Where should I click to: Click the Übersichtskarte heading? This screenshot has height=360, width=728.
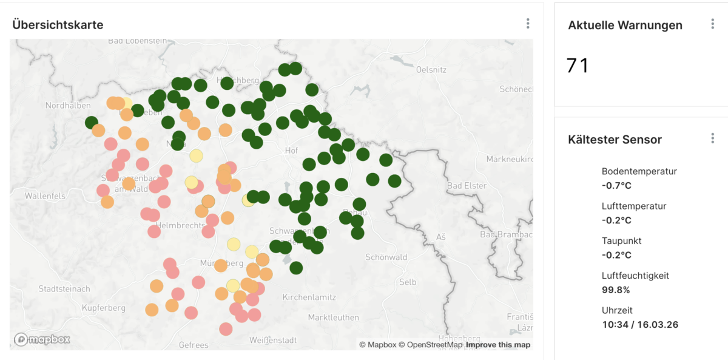click(58, 25)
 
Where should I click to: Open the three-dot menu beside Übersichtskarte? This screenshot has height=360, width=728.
click(528, 24)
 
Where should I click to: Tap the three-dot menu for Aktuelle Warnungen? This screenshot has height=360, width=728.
click(713, 24)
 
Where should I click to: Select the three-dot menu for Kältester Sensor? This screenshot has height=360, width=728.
click(713, 138)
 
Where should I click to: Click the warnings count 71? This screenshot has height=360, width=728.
click(578, 66)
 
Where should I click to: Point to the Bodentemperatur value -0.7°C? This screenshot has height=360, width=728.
click(616, 185)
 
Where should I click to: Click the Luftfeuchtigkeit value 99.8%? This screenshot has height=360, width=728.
click(616, 290)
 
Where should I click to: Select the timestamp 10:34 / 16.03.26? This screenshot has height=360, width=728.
click(640, 324)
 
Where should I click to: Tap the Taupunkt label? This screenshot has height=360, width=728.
click(621, 241)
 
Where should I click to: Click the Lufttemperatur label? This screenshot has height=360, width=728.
click(634, 206)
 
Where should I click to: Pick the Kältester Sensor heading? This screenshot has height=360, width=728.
click(615, 140)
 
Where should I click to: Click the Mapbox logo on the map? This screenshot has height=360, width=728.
click(42, 339)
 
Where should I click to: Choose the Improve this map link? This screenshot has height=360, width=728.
click(498, 345)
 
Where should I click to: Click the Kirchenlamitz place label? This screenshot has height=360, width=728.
click(312, 297)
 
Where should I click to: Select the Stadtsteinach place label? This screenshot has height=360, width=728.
click(64, 288)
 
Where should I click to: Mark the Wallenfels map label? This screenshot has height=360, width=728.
click(45, 196)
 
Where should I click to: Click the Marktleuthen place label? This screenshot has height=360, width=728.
click(333, 318)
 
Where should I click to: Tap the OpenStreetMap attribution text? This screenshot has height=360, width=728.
click(434, 345)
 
